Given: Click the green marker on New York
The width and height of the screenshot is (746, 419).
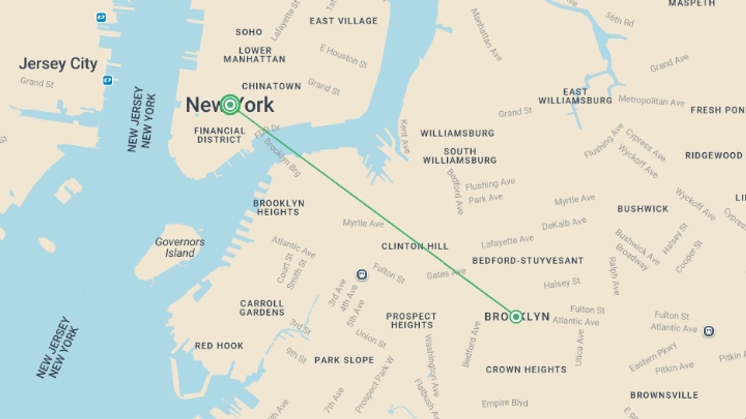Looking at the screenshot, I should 230,105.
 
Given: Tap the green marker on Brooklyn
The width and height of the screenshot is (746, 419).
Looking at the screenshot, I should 516,317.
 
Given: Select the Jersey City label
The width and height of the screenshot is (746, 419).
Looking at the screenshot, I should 58,64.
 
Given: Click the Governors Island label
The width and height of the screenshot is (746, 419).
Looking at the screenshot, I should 180,247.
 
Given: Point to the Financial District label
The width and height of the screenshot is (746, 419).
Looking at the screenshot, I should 220,135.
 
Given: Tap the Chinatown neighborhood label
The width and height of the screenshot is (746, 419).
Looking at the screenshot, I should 271,86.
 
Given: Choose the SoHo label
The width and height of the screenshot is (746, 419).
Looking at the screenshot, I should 249,32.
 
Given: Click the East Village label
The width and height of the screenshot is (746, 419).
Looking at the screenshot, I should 343,21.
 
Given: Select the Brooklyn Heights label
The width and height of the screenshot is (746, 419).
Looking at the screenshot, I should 279,208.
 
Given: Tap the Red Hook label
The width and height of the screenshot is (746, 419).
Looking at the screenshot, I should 219,346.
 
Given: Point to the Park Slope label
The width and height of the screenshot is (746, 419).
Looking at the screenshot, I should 344,360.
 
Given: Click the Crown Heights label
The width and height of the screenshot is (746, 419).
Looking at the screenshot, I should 526,369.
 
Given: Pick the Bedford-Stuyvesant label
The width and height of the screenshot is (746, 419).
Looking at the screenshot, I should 528,261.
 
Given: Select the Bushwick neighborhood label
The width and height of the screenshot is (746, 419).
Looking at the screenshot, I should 643,209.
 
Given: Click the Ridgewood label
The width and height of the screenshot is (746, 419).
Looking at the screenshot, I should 714,156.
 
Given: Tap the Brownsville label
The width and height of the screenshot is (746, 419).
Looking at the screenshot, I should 664,395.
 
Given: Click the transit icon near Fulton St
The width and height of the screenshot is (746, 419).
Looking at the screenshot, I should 362,275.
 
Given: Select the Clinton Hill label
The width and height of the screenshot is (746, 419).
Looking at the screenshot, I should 415,246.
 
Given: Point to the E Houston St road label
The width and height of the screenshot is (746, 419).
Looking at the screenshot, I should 343,56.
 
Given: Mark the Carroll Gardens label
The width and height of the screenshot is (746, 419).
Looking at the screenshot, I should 262,308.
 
